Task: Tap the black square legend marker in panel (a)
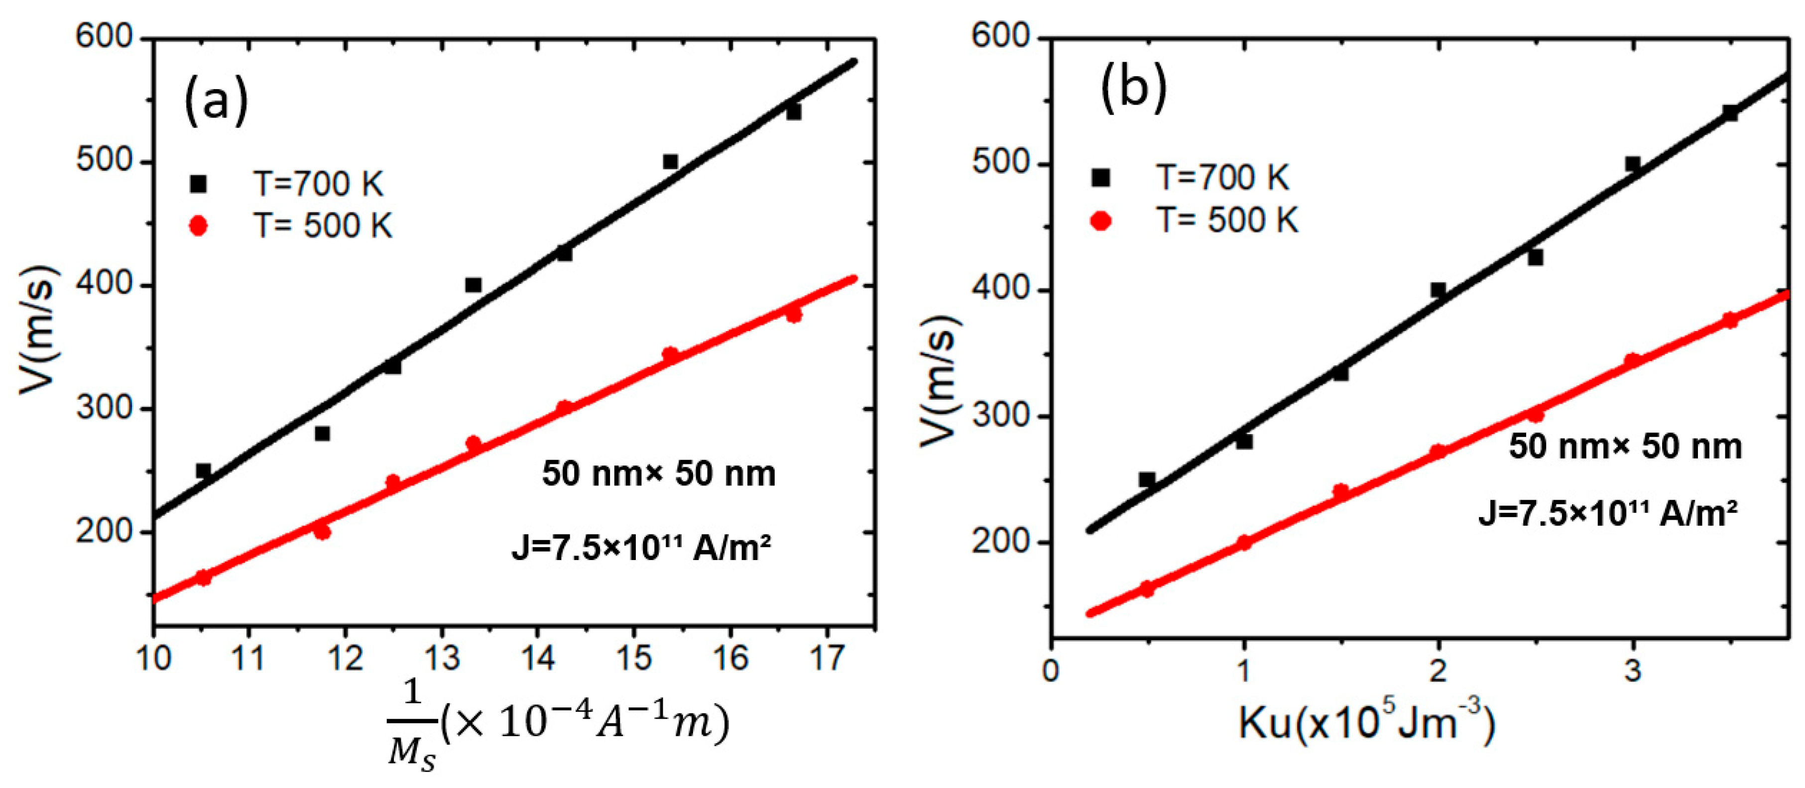(x=199, y=184)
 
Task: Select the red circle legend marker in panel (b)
(x=1101, y=222)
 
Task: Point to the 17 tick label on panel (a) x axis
(x=827, y=659)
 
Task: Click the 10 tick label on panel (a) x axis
(x=153, y=659)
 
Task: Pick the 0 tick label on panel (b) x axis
(x=1050, y=671)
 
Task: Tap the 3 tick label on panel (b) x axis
(x=1633, y=671)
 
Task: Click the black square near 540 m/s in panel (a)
(x=793, y=112)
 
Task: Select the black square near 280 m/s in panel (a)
(x=322, y=434)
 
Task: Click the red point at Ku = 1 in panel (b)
(x=1244, y=542)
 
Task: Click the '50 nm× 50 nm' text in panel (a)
(x=659, y=474)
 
